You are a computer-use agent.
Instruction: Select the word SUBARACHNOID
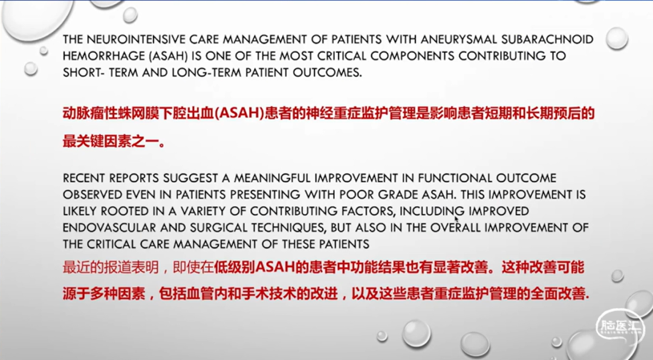coord(547,39)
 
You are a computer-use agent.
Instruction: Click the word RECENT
coord(83,178)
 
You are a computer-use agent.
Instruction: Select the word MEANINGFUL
coord(272,178)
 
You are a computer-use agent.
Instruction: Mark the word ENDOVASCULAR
coord(108,228)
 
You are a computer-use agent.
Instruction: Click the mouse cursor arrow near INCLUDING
coord(456,219)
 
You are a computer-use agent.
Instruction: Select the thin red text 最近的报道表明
coord(111,267)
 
